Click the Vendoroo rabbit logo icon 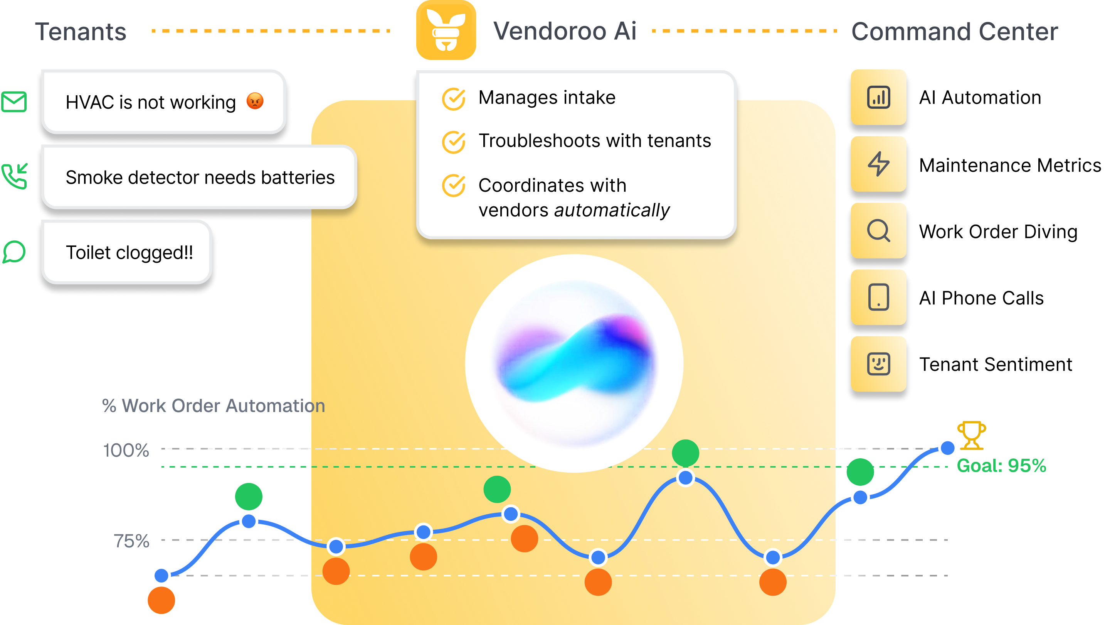coord(446,30)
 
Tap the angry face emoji coord(255,101)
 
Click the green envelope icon coord(14,102)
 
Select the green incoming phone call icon coord(15,176)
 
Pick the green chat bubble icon coord(14,252)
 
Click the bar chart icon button coord(878,98)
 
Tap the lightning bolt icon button coord(878,164)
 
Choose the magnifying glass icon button coord(878,231)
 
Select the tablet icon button coord(878,297)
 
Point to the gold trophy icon coord(971,435)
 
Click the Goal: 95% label coord(1001,466)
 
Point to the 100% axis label coord(126,450)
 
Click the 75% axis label coord(131,541)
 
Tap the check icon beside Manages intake coord(453,99)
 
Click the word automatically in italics coord(612,211)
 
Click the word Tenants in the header coord(81,32)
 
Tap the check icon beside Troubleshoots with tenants coord(453,142)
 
